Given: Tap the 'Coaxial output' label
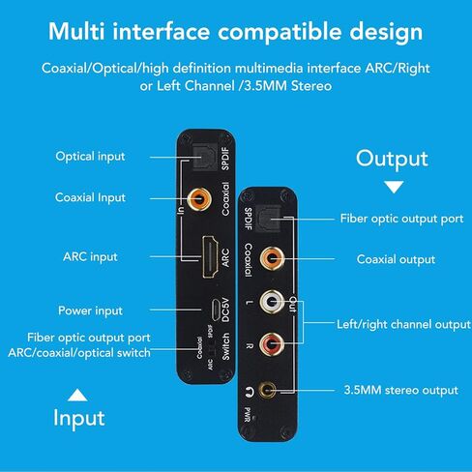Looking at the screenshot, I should coord(396,259).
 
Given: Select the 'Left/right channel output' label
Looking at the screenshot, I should coord(402,323).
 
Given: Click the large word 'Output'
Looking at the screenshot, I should coord(393,159).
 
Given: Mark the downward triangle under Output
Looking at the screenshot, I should coord(393,188).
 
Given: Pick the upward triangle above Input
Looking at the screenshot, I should coord(76,395).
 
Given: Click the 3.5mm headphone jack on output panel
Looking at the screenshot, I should coord(280,391).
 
